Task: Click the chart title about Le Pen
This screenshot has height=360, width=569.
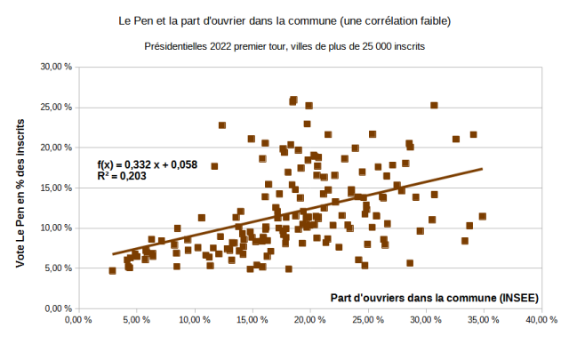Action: (284, 19)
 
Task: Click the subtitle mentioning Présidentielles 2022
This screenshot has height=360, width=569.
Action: (284, 44)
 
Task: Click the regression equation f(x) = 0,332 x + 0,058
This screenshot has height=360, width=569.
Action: (147, 164)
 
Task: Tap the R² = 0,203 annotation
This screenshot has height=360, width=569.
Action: (122, 177)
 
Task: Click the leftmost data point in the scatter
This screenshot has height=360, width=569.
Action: (112, 270)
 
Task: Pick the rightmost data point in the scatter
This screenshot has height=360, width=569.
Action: (483, 216)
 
